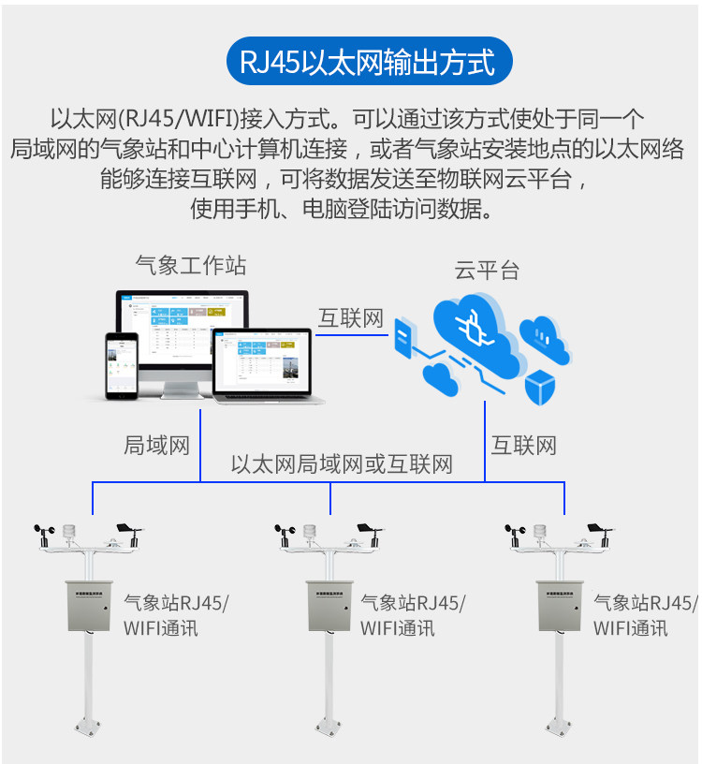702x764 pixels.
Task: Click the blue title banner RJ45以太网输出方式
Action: (x=369, y=64)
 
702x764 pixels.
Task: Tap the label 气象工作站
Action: (x=191, y=265)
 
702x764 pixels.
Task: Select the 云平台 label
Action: (x=487, y=271)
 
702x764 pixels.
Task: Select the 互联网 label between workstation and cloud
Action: (x=351, y=318)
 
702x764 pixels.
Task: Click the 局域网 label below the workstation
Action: (x=156, y=445)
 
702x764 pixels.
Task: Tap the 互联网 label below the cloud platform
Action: (x=524, y=445)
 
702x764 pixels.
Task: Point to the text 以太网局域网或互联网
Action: (x=342, y=464)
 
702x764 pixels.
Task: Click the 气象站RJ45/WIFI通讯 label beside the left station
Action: (x=176, y=615)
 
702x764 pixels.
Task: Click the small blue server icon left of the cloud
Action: (x=403, y=337)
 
